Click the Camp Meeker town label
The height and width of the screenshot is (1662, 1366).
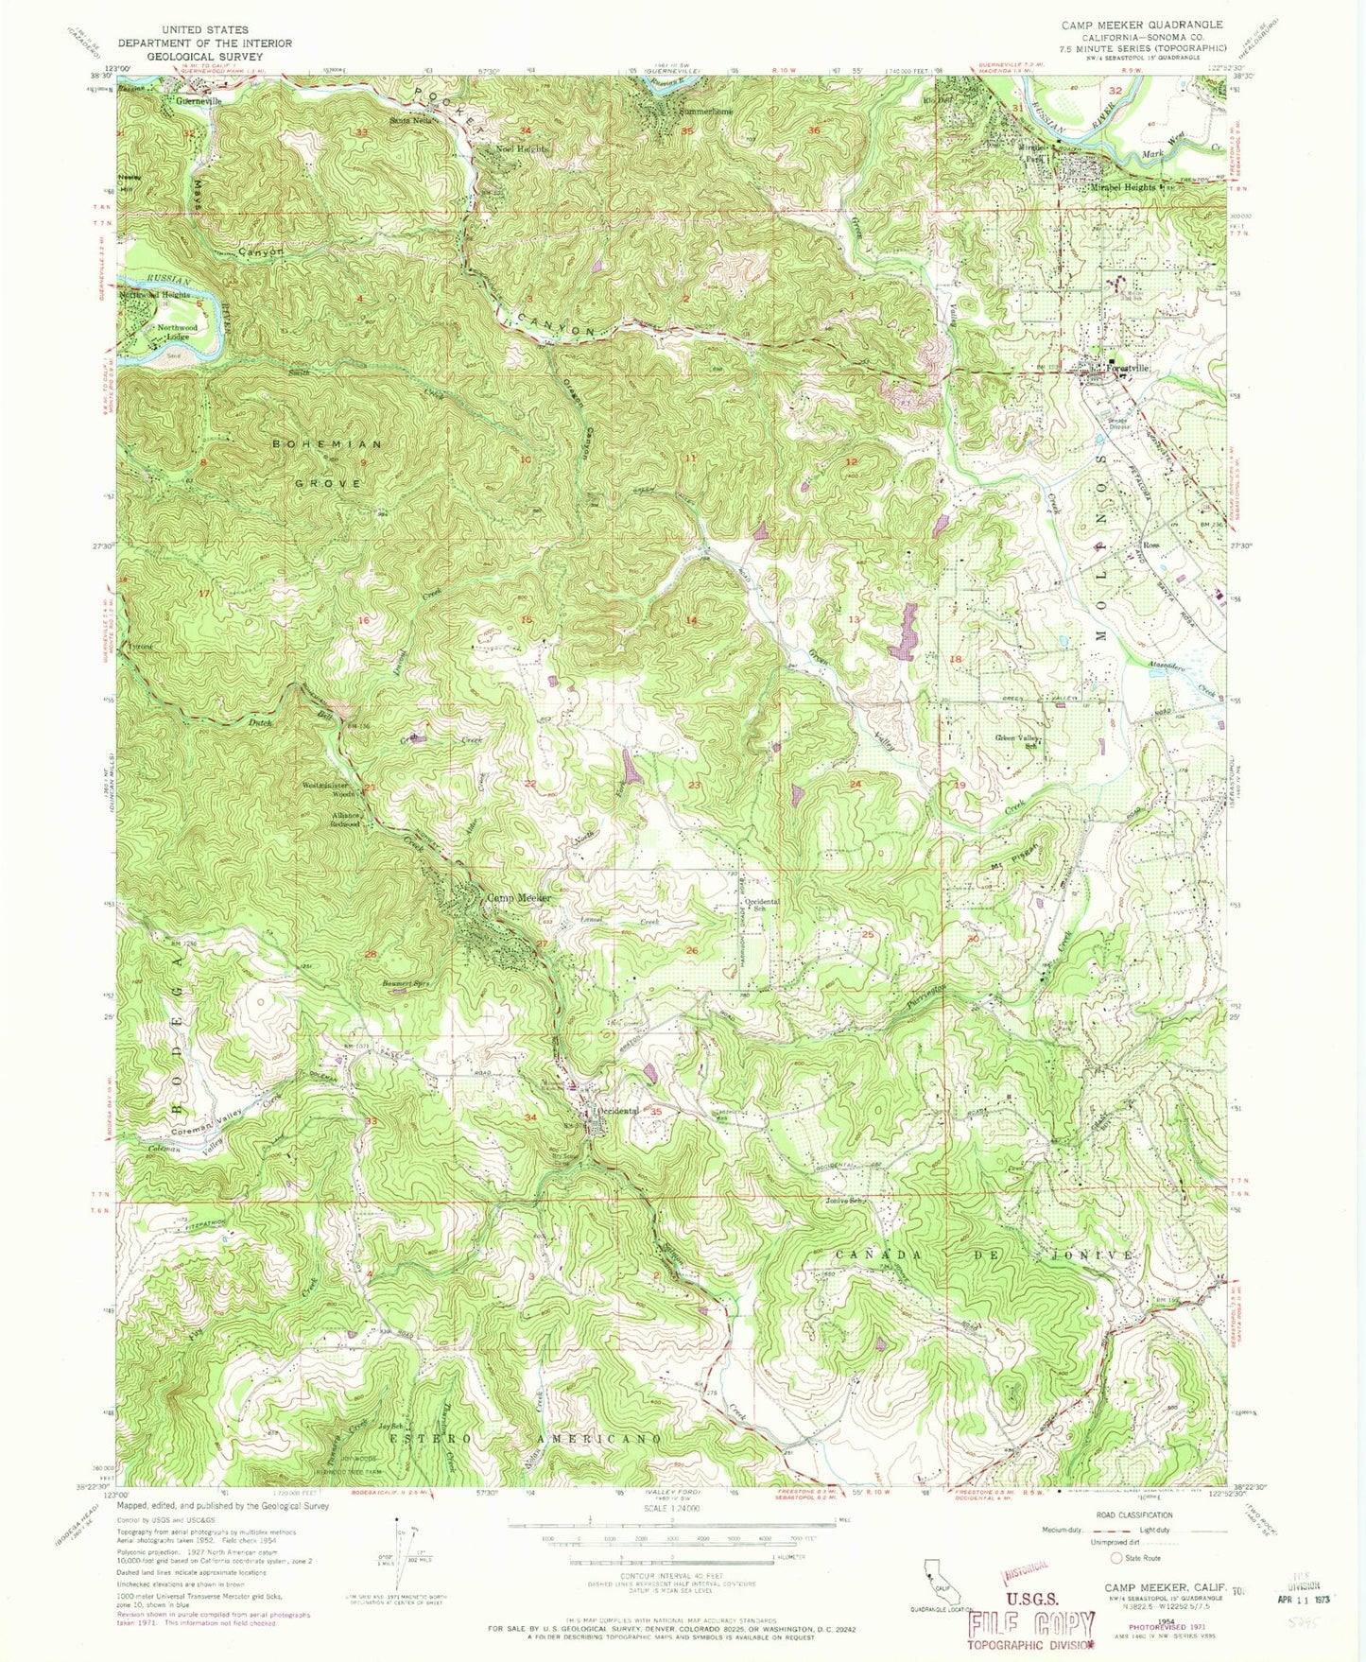pyautogui.click(x=518, y=898)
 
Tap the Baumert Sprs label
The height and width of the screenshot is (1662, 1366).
pyautogui.click(x=393, y=983)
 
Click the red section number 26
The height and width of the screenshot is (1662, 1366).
pyautogui.click(x=692, y=950)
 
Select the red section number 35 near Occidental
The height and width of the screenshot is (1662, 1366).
pyautogui.click(x=656, y=1112)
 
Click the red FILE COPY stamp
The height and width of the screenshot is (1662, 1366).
pyautogui.click(x=1029, y=1626)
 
